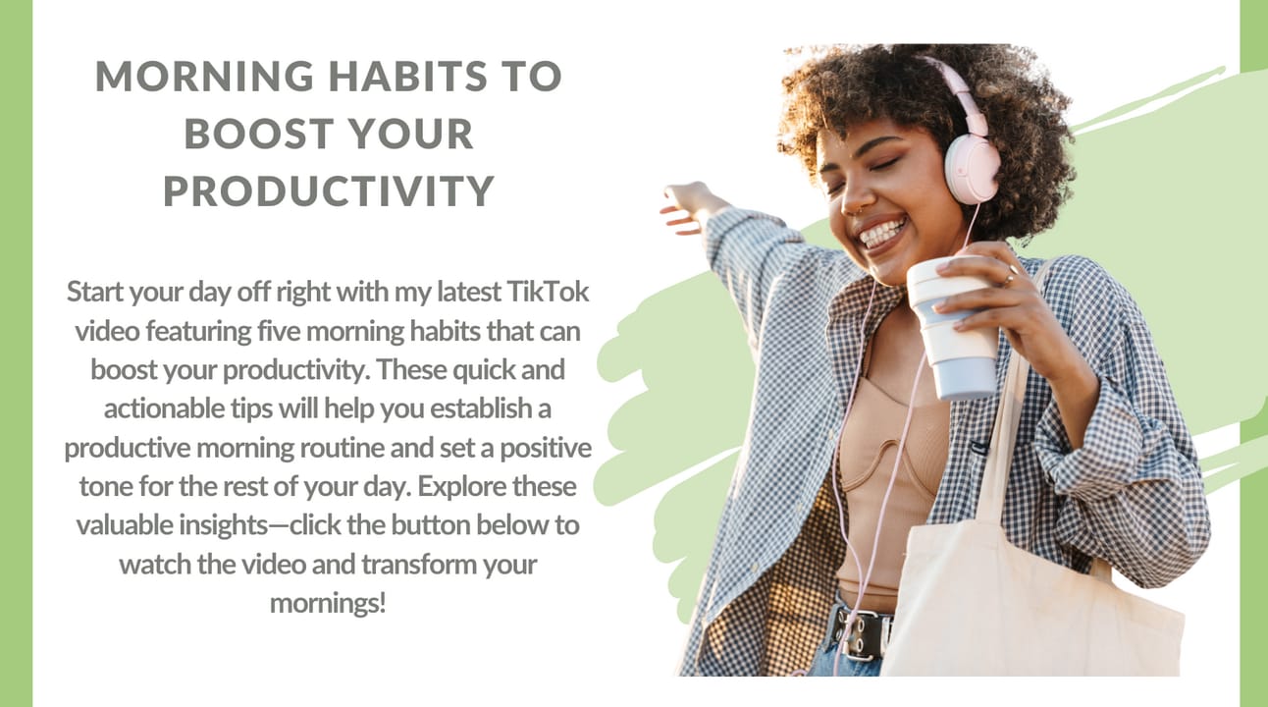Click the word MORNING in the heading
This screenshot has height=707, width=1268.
click(204, 76)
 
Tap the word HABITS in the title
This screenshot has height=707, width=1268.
click(408, 76)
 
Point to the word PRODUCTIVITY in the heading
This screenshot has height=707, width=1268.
click(329, 190)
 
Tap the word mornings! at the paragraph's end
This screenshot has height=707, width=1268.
click(328, 603)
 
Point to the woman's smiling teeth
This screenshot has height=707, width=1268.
click(883, 233)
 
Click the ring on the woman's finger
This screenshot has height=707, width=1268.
click(1009, 279)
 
